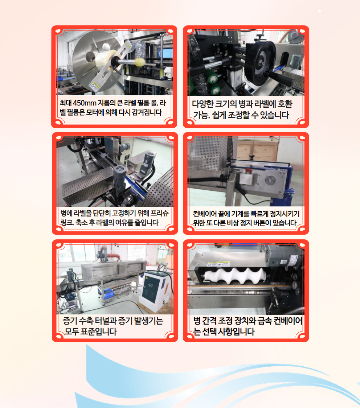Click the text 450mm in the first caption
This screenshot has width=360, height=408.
pyautogui.click(x=84, y=103)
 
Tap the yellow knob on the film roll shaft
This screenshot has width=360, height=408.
pyautogui.click(x=140, y=62)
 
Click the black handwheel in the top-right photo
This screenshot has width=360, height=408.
pyautogui.click(x=260, y=60)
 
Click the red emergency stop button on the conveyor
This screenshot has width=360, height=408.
pyautogui.click(x=248, y=171)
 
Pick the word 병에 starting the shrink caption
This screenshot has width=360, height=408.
pyautogui.click(x=66, y=213)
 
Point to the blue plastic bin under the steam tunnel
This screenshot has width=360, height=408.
pyautogui.click(x=108, y=294)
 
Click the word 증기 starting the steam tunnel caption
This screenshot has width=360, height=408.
pyautogui.click(x=70, y=321)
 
